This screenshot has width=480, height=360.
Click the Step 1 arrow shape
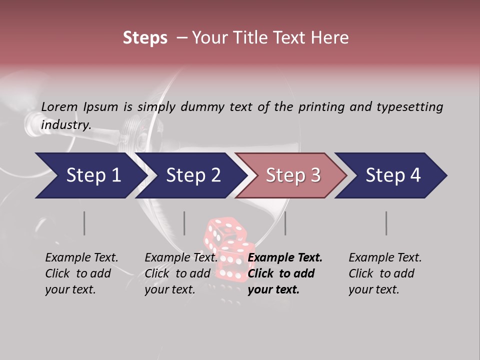coord(90,175)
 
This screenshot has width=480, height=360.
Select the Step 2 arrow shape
coord(190,175)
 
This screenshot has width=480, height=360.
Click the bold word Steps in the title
coord(145,38)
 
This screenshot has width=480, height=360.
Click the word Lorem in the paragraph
coord(58,106)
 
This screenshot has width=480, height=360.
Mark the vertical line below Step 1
coord(84,223)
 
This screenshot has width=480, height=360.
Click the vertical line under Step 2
coord(184,223)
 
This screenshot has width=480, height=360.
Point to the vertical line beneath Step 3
coord(285,223)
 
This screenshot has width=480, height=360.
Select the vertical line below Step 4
coord(386,223)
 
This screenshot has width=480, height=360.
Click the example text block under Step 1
coord(81,273)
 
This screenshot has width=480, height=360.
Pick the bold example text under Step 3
coord(285,273)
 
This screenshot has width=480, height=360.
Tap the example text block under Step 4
coord(385,273)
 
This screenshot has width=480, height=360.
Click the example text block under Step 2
coord(181,273)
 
